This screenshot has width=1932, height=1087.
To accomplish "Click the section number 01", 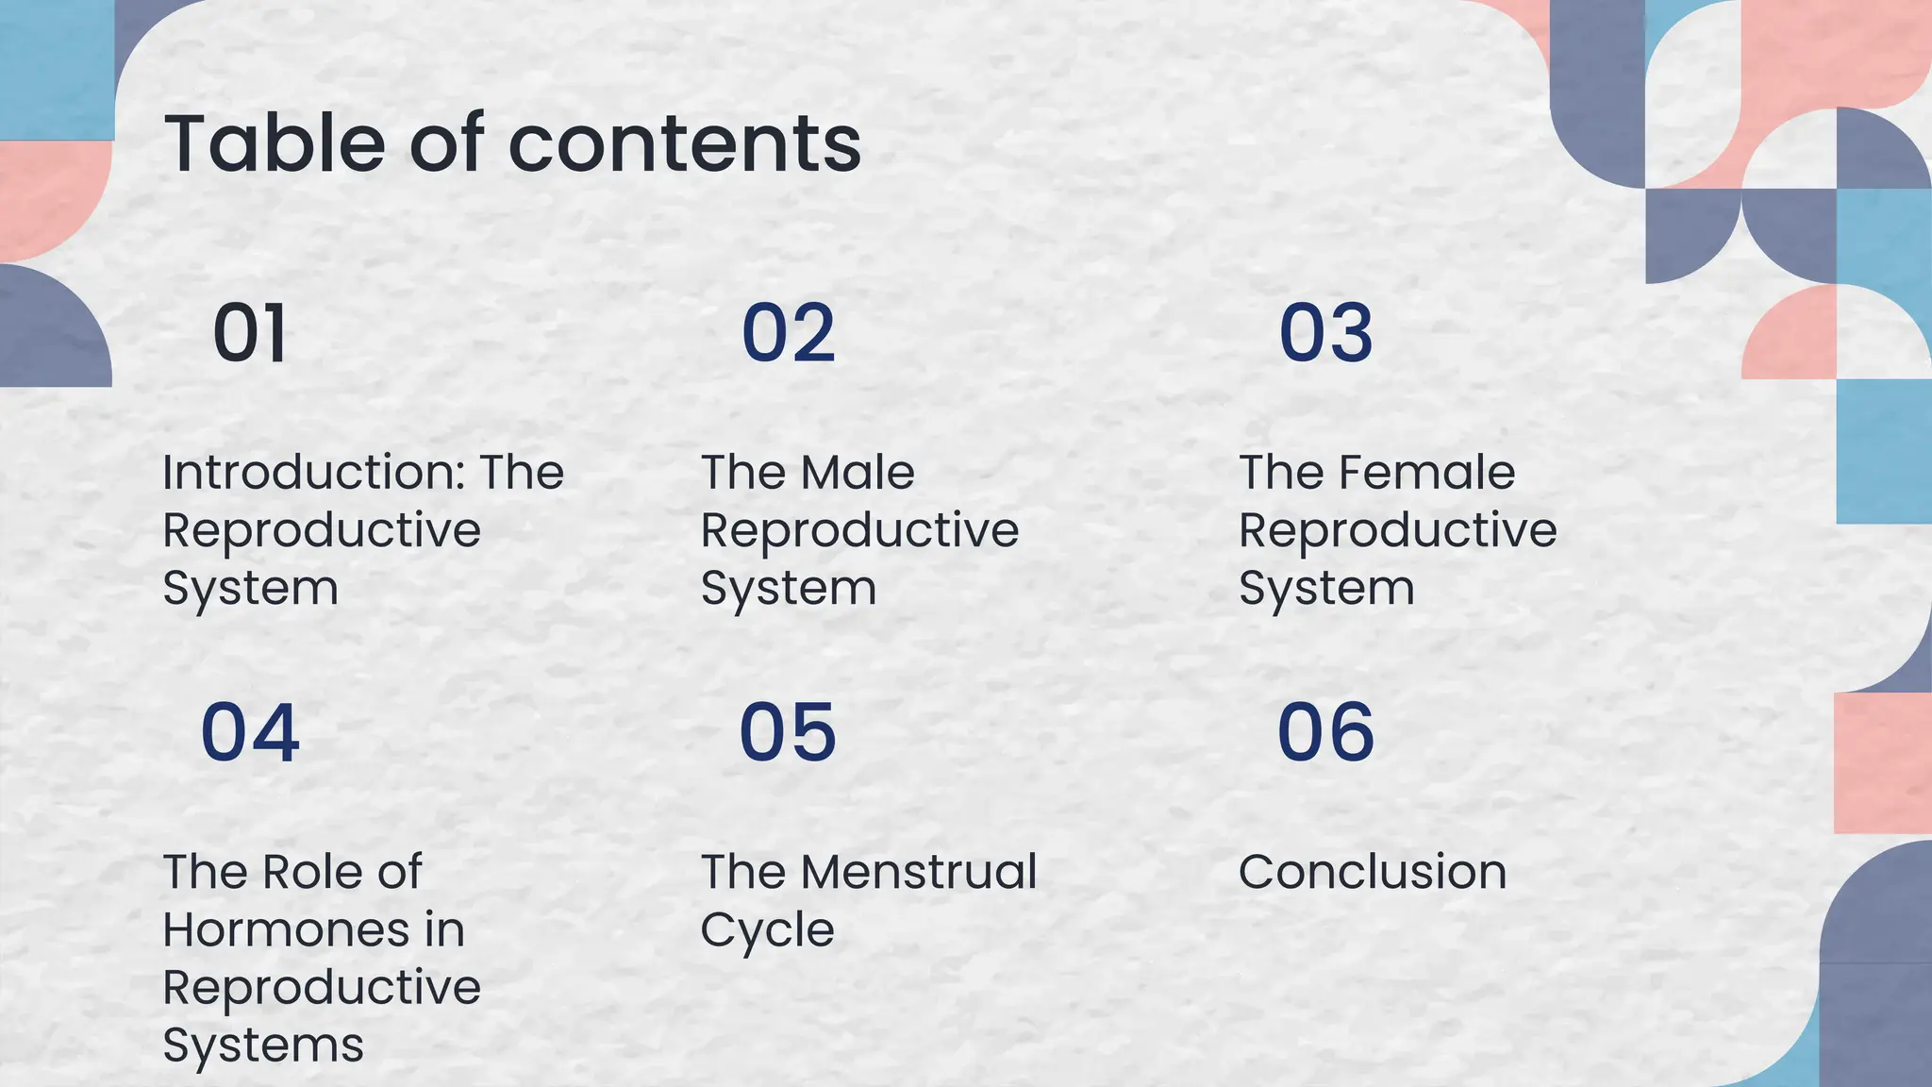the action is (x=250, y=333).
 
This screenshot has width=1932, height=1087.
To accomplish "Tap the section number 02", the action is (x=789, y=333).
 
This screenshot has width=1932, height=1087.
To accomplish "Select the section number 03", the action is (x=1325, y=333).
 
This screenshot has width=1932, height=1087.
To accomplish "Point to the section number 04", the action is (x=250, y=732).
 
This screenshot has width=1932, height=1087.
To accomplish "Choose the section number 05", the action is (x=788, y=732).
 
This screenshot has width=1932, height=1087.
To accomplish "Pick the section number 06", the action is (x=1325, y=732).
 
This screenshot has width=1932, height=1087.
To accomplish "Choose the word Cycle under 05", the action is (x=767, y=931).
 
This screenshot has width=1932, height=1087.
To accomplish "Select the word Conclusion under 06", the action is (x=1373, y=872).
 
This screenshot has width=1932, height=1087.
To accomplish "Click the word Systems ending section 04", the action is (x=263, y=1045).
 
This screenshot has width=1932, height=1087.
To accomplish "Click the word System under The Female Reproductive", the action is (x=1326, y=589).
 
